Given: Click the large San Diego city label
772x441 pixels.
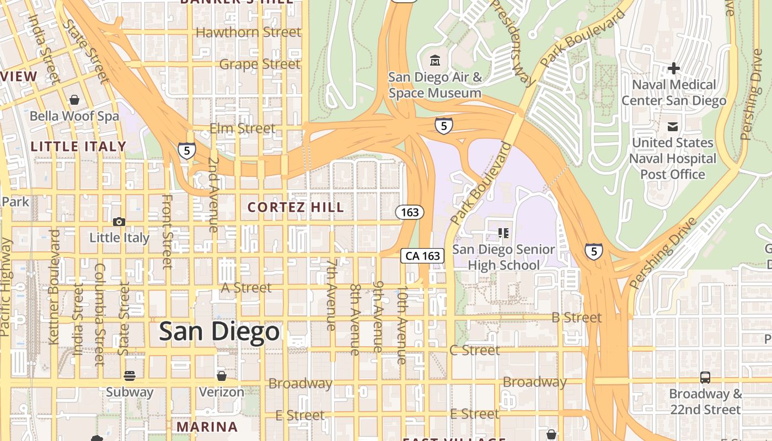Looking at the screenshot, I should point(219,332).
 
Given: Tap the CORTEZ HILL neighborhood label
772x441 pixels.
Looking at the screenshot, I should point(296,207).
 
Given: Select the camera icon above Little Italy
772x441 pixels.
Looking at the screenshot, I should point(119,222).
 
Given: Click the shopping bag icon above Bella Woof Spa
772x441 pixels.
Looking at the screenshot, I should point(74,100).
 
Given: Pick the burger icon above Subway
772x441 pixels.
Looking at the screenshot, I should point(130,376).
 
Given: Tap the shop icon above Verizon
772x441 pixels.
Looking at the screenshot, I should point(221,376).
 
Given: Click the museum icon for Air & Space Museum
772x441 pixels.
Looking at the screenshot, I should point(435,60).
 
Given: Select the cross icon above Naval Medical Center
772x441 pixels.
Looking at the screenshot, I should point(673,68).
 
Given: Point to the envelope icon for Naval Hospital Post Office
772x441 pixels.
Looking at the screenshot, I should point(673,127).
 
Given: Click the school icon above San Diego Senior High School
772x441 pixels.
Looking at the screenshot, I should point(503,233).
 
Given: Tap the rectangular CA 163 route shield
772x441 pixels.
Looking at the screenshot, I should point(422,255).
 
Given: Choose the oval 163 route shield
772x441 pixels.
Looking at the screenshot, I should point(410,212).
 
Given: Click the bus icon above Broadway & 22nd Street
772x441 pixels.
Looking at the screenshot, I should point(705,378).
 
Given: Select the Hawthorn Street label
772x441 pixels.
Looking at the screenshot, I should point(248,32).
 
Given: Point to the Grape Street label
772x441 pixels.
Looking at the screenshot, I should point(260,64).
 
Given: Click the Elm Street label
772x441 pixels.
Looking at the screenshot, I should point(242,128).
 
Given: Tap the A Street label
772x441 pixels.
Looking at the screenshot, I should point(246,287).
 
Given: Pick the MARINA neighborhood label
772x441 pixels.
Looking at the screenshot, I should point(207,427).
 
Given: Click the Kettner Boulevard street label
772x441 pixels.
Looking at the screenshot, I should point(54,287).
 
